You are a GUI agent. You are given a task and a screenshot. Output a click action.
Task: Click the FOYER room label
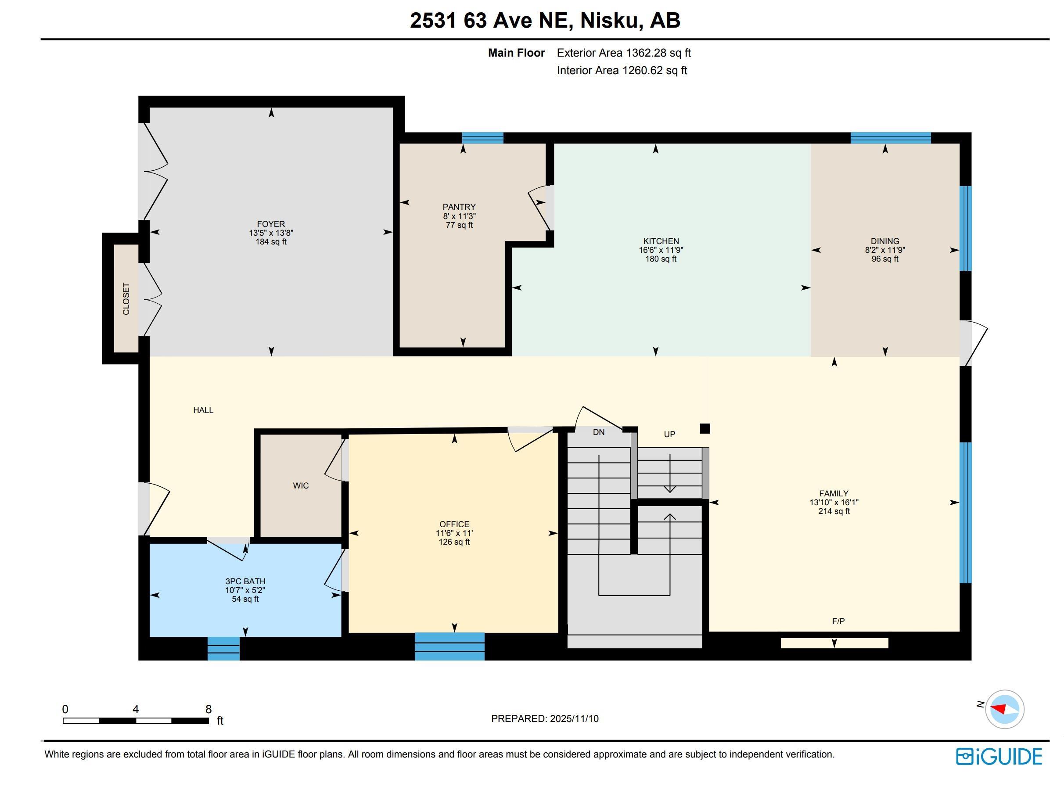pyautogui.click(x=271, y=224)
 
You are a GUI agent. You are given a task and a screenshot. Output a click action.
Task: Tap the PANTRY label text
pyautogui.click(x=459, y=207)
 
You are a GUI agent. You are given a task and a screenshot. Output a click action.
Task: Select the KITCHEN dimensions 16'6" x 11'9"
pyautogui.click(x=661, y=250)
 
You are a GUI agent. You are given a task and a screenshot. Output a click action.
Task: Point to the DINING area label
pyautogui.click(x=884, y=241)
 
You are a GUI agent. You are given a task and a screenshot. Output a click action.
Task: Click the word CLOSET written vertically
pyautogui.click(x=126, y=299)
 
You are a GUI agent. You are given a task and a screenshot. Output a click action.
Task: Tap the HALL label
pyautogui.click(x=203, y=410)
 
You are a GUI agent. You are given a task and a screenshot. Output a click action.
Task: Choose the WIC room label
pyautogui.click(x=301, y=485)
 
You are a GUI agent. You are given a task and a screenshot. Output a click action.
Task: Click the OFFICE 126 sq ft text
pyautogui.click(x=454, y=542)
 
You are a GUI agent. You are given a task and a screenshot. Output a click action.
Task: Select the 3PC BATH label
pyautogui.click(x=245, y=581)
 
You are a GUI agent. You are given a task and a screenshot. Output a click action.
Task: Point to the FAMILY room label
pyautogui.click(x=834, y=493)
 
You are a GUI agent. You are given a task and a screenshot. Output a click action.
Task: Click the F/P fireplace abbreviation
pyautogui.click(x=838, y=621)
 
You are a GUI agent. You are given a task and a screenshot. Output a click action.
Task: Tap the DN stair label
pyautogui.click(x=598, y=432)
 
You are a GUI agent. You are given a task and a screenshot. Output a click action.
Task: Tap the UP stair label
pyautogui.click(x=669, y=434)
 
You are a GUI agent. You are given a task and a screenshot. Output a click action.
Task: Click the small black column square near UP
pyautogui.click(x=705, y=428)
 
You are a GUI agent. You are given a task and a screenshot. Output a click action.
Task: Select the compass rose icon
pyautogui.click(x=1004, y=709)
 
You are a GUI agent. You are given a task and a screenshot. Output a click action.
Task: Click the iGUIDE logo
pyautogui.click(x=999, y=756)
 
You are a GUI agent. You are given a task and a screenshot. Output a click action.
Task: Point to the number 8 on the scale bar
pyautogui.click(x=208, y=709)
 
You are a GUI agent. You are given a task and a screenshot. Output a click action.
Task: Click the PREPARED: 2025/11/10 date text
pyautogui.click(x=545, y=718)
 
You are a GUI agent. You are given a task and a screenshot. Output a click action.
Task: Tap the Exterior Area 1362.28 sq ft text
pyautogui.click(x=624, y=53)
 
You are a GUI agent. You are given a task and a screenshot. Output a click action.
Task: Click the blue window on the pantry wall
pyautogui.click(x=482, y=138)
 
